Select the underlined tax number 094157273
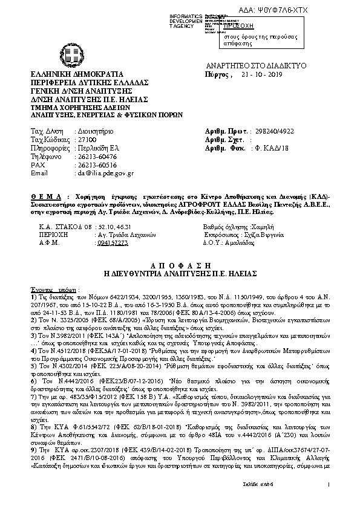tap(95, 241)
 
